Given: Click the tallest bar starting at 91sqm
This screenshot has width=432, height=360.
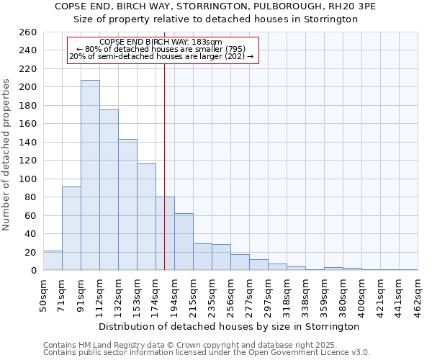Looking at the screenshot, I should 90,175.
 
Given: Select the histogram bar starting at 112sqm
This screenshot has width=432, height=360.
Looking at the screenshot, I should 109,190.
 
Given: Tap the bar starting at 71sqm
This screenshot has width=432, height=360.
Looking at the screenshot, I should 71,228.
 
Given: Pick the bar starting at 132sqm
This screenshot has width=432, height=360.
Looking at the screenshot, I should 127,204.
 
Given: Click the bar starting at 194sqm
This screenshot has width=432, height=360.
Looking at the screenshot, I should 184,242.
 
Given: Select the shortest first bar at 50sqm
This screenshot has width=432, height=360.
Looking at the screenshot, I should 53,261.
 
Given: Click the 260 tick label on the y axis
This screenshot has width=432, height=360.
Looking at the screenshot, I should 28,32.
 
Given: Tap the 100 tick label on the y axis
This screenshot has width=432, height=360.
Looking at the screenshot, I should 28,179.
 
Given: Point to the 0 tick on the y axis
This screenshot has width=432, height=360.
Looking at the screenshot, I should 33,271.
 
